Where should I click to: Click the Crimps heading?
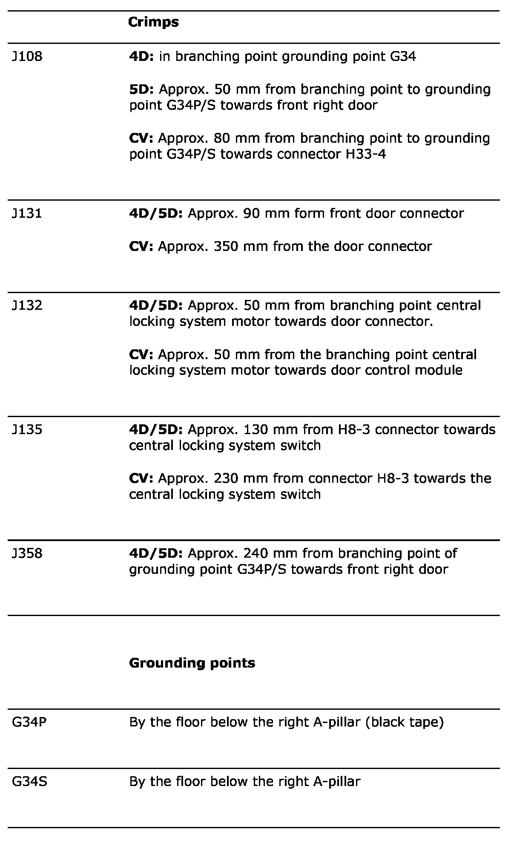[x=153, y=22]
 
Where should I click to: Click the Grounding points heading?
[x=192, y=663]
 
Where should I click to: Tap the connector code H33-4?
[x=365, y=154]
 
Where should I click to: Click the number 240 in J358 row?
[x=256, y=553]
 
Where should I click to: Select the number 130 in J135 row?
[x=256, y=429]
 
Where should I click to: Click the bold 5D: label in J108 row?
[x=142, y=89]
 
